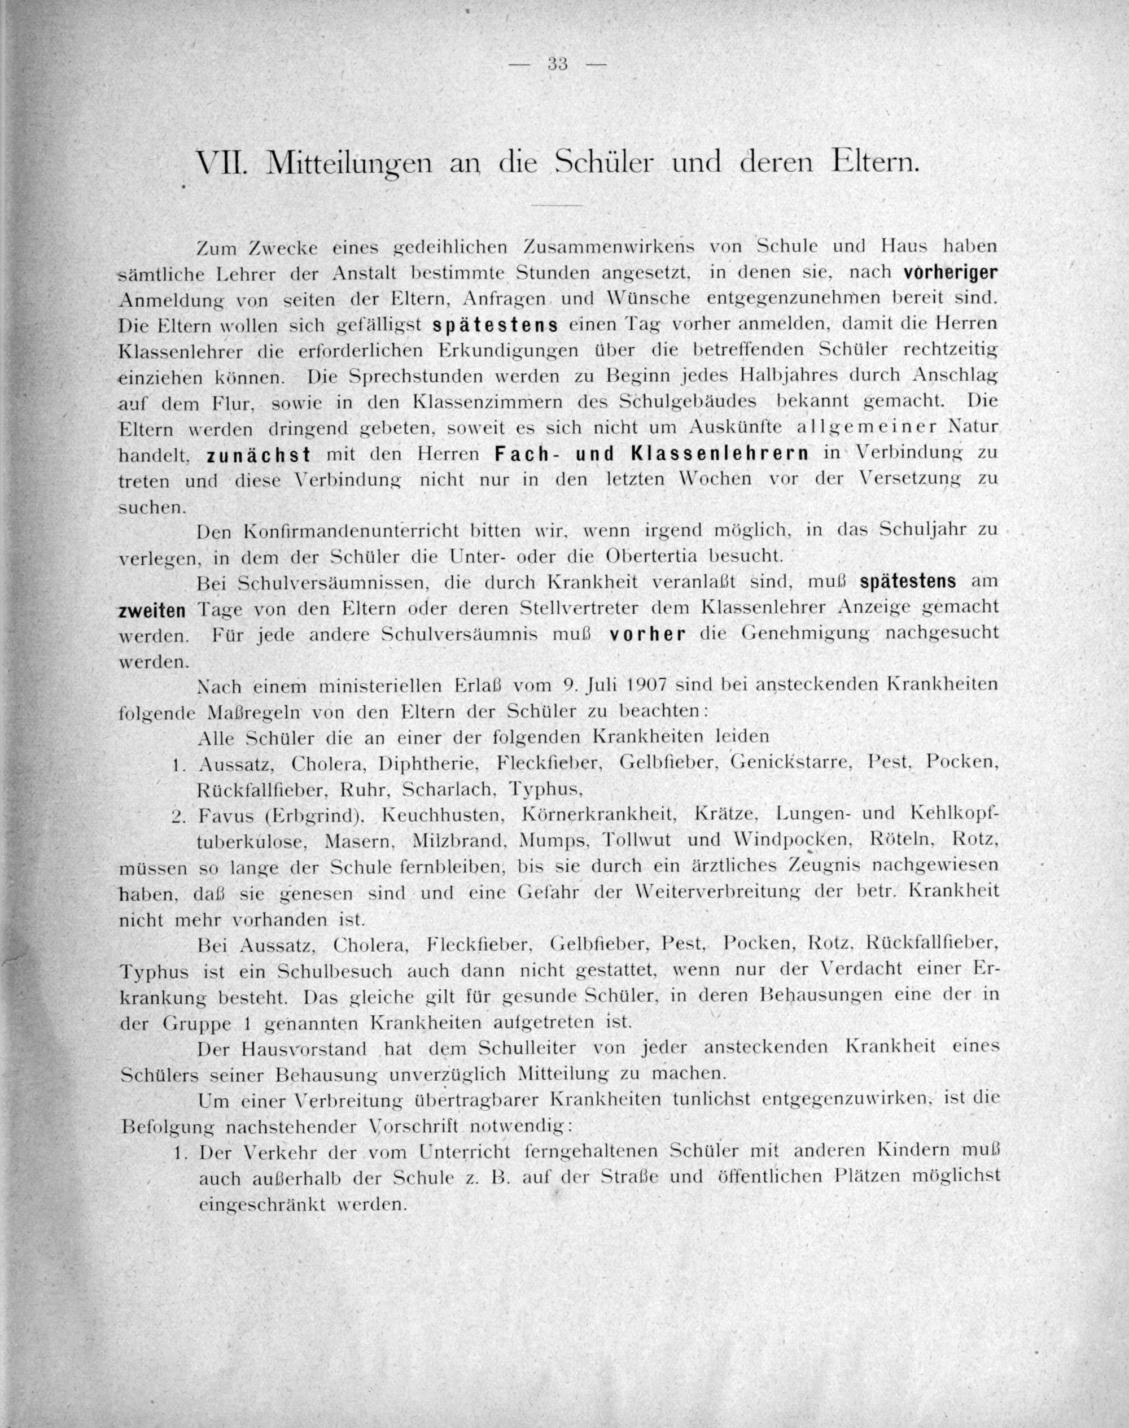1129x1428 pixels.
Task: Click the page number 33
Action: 558,64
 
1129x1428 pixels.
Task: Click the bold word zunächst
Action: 259,456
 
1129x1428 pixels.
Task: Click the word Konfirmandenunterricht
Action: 351,531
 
